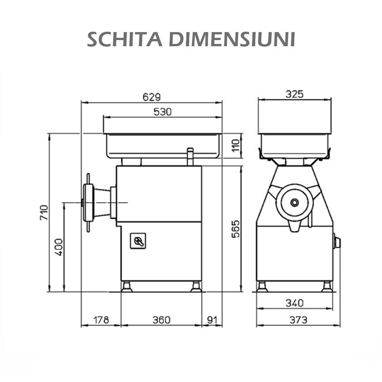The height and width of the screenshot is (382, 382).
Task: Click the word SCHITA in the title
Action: coord(126,39)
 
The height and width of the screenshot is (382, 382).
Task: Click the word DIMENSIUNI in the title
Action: coord(232,39)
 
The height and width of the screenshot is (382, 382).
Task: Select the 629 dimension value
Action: coord(152,97)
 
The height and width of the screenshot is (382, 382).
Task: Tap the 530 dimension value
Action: coord(162,112)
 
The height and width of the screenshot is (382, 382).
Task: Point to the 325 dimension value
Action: coord(294,94)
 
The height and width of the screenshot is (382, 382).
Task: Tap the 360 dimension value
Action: coord(161,320)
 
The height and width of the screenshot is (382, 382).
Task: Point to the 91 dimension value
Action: coord(212,320)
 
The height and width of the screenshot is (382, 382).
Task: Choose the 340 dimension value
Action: coord(294,303)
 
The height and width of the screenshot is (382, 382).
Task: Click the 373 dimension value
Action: coord(298,320)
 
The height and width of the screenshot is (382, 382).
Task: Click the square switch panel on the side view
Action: coord(138,241)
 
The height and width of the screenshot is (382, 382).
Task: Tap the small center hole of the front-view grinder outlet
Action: coord(295,202)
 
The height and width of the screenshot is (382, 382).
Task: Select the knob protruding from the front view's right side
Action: coord(337,242)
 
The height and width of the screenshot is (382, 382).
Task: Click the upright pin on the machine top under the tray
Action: coord(190,157)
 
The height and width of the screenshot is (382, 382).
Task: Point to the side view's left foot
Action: coord(127,286)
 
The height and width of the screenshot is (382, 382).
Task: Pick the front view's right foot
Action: coord(327,286)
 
